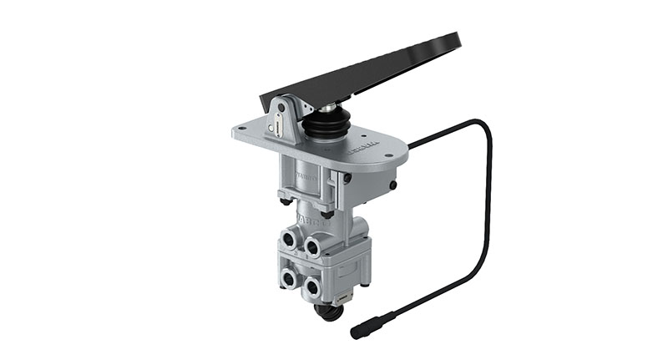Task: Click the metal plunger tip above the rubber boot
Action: [321, 107]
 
